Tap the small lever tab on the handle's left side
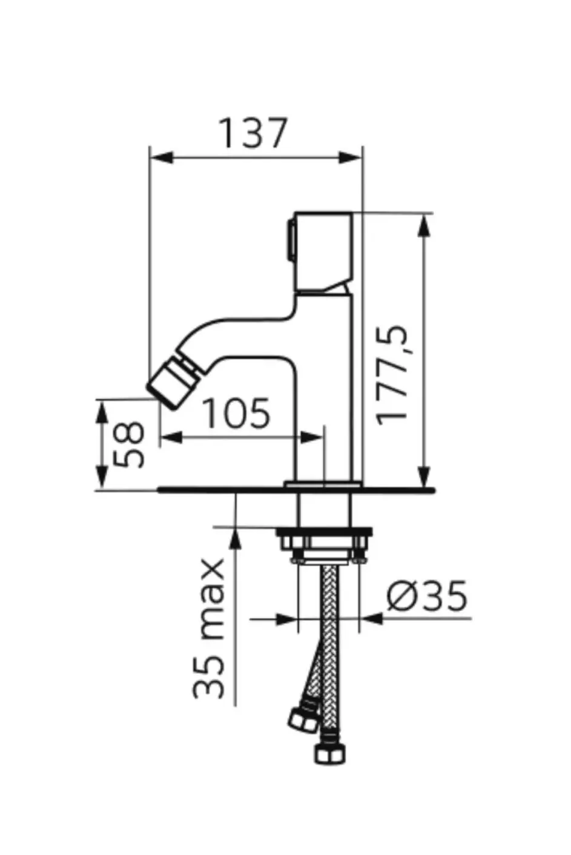coord(291,240)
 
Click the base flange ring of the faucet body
coord(323,484)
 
